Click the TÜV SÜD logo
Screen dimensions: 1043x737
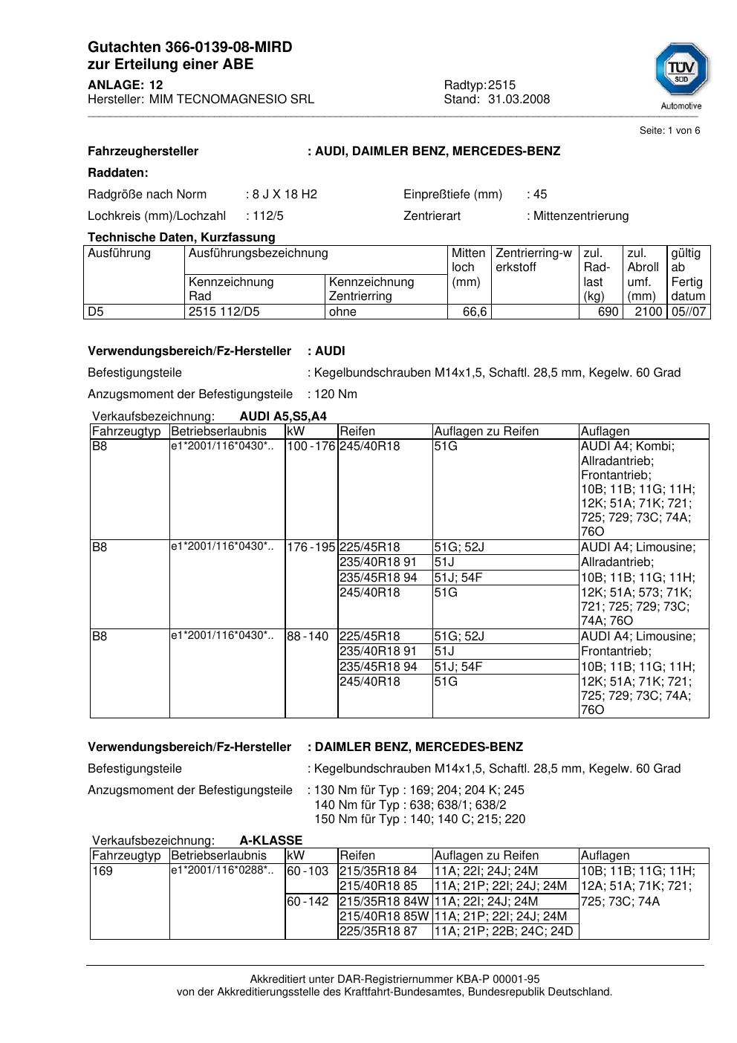(x=681, y=72)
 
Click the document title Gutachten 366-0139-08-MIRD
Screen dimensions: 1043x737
(x=189, y=48)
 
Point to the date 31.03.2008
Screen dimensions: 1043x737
(x=519, y=99)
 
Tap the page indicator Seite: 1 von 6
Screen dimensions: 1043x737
(x=669, y=131)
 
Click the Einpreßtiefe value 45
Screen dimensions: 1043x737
(x=540, y=195)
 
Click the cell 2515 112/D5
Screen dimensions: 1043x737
(x=224, y=312)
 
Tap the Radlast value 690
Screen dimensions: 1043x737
(x=608, y=312)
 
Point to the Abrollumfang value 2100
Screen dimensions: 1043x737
(x=648, y=312)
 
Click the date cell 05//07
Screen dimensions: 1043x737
(x=688, y=312)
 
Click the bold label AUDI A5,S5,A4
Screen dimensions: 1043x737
(x=283, y=416)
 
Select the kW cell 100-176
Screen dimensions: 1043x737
(x=311, y=446)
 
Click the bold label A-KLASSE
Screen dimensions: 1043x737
(x=270, y=841)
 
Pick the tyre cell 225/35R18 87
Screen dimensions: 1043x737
(x=378, y=932)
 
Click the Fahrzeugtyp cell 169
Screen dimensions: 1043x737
(x=102, y=871)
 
